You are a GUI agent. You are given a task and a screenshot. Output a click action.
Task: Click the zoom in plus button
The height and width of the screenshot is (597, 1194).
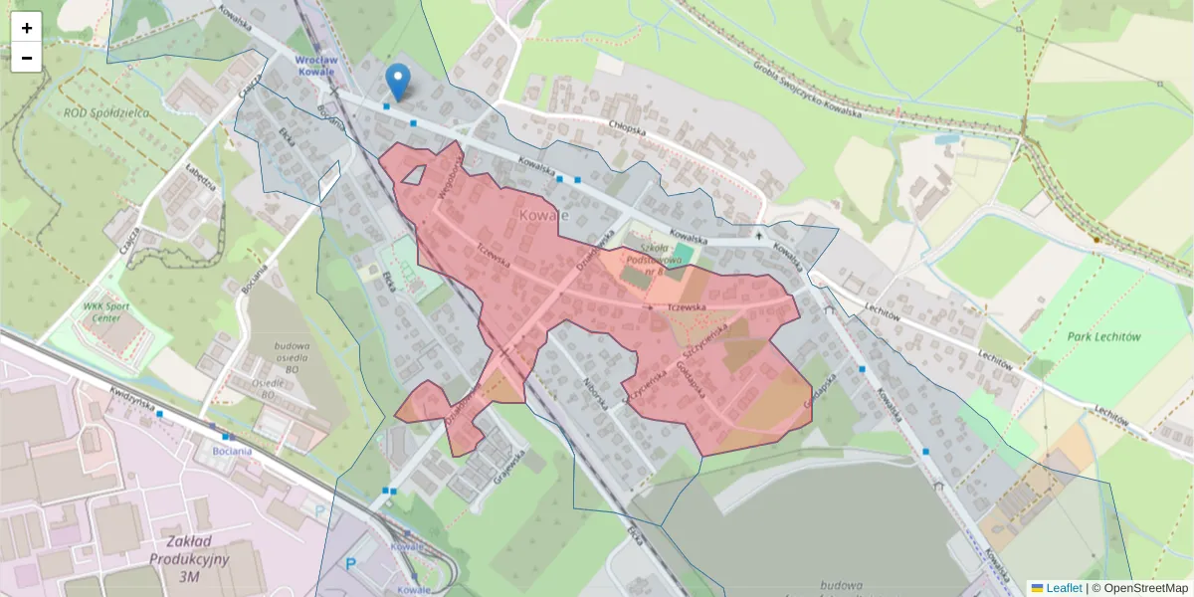pyautogui.click(x=27, y=28)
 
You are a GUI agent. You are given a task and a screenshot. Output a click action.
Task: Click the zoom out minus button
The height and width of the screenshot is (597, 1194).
pyautogui.click(x=27, y=58)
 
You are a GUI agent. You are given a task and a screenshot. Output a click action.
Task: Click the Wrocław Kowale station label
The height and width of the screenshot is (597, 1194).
pyautogui.click(x=315, y=66)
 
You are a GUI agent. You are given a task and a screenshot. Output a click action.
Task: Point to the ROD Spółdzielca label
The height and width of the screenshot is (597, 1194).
pyautogui.click(x=105, y=112)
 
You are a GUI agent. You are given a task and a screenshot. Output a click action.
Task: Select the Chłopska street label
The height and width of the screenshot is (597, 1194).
pyautogui.click(x=628, y=128)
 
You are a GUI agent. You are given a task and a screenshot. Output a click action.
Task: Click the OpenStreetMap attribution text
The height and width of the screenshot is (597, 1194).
pyautogui.click(x=1145, y=588)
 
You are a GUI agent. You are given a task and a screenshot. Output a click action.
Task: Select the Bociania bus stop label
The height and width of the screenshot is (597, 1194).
pyautogui.click(x=234, y=451)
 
